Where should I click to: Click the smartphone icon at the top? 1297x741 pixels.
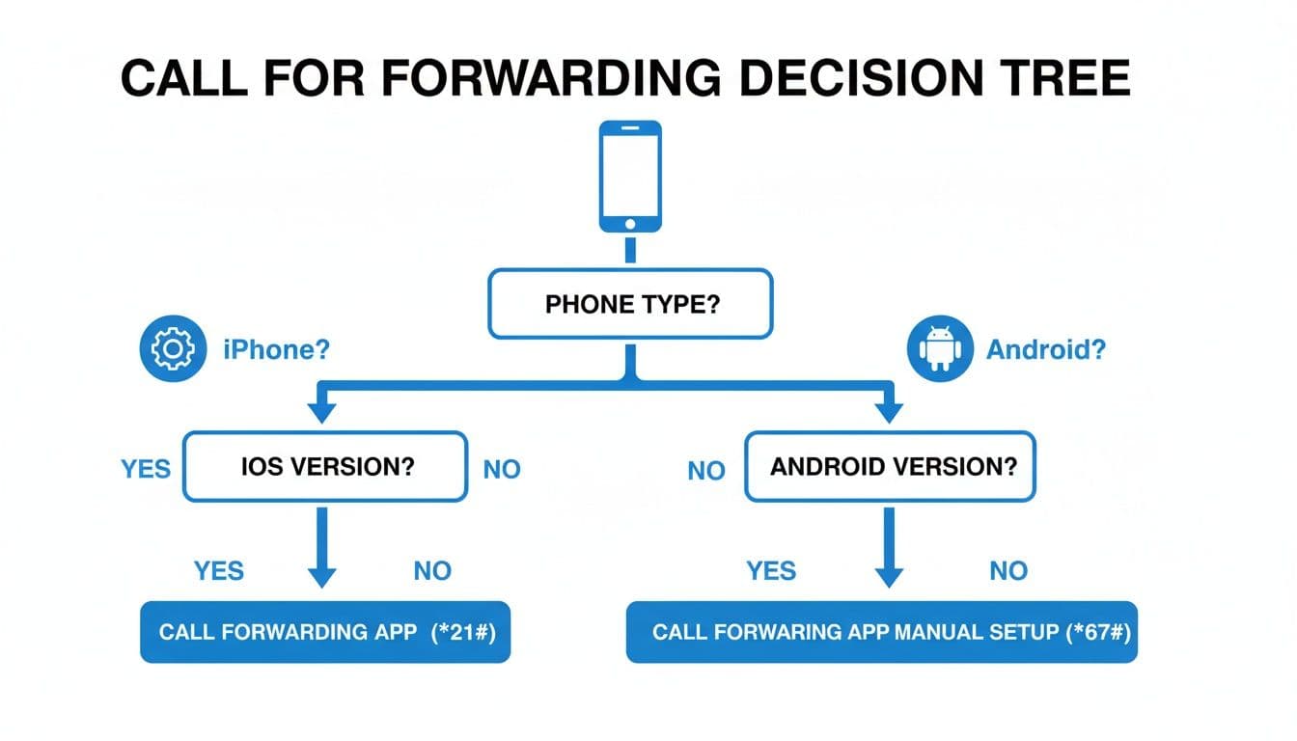coord(630,176)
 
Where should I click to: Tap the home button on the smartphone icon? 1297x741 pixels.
coord(630,223)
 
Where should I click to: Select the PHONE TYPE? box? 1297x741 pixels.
coord(630,304)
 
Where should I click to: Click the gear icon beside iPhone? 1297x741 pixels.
coord(174,348)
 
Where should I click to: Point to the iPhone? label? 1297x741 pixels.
coord(276,349)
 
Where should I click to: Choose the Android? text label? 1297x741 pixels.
coord(1046,349)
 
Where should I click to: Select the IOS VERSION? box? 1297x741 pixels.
coord(325,467)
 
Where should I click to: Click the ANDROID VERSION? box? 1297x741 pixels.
coord(892,467)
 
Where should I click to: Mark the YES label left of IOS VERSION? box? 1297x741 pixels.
coord(146,469)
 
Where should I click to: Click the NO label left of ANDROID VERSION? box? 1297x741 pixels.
coord(706,471)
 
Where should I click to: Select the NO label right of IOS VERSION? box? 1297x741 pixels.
coord(502,470)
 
